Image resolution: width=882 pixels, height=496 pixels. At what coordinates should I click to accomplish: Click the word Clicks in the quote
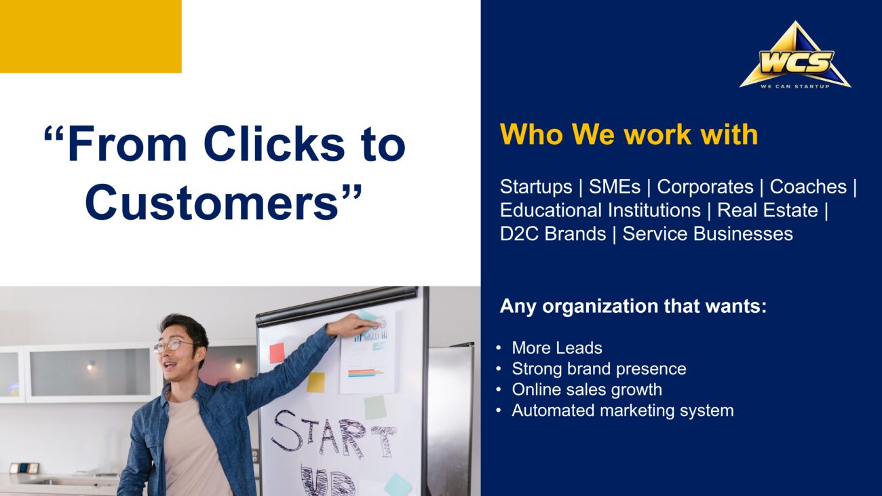tap(274, 143)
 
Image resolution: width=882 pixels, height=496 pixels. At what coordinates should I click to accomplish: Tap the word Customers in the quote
tap(212, 202)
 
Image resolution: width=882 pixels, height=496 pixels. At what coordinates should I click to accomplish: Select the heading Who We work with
tap(629, 134)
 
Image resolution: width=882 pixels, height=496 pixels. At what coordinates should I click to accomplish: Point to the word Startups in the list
tap(536, 187)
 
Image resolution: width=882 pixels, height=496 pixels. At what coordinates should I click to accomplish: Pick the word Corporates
tap(705, 187)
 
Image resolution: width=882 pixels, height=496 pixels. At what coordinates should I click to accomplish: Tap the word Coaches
tap(808, 187)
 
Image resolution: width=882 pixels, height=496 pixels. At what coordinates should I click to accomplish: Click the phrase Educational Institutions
tap(600, 210)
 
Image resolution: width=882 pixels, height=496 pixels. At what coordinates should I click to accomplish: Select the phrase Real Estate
tap(767, 210)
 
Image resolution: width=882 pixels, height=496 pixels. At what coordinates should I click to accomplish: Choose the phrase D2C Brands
tap(553, 234)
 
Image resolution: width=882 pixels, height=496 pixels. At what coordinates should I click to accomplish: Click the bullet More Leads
tap(557, 348)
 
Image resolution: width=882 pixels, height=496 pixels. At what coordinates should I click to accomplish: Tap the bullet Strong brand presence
tap(599, 369)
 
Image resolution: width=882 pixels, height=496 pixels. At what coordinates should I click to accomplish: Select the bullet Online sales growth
tap(587, 390)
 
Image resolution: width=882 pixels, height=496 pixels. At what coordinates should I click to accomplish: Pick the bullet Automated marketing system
tap(623, 411)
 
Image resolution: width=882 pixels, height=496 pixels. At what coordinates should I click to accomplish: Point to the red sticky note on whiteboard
tap(277, 353)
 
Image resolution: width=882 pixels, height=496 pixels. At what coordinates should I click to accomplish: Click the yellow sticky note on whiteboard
tap(315, 382)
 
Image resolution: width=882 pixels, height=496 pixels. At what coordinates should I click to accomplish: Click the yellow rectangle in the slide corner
tap(90, 36)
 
